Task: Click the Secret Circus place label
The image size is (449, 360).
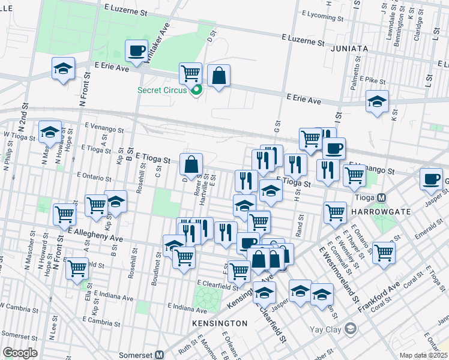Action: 162,91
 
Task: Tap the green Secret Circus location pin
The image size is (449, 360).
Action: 196,91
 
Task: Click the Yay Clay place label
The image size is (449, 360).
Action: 325,329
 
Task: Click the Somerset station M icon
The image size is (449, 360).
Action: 160,354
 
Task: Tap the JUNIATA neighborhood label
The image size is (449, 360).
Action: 349,49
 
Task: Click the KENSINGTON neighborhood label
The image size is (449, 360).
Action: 220,323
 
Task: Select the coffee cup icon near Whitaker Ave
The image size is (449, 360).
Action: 136,50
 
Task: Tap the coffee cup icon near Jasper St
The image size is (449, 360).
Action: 431,179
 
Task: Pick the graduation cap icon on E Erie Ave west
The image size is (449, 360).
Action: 62,68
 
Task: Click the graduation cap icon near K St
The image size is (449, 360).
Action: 377,101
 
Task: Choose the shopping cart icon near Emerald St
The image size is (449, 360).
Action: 384,252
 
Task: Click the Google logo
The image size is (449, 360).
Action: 20,353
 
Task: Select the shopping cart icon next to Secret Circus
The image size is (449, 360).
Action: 190,73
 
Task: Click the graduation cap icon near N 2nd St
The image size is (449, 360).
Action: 50,131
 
